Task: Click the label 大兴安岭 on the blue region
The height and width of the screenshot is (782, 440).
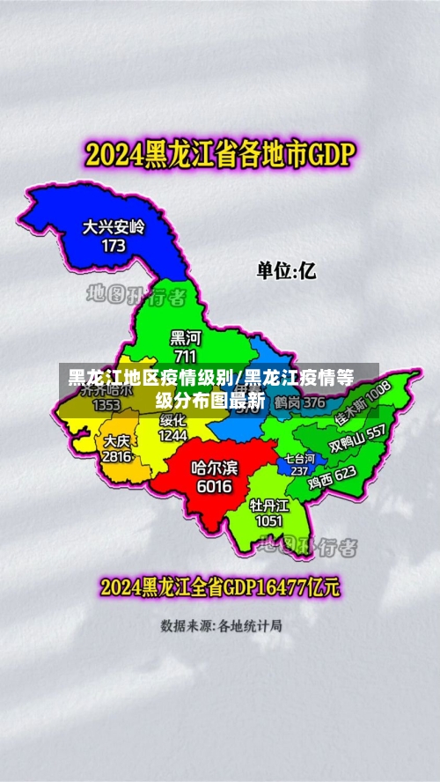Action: click(x=114, y=226)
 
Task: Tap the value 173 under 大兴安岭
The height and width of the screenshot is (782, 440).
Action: click(x=114, y=246)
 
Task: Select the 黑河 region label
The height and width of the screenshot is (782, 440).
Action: click(x=185, y=337)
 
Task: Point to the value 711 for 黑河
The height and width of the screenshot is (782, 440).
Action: click(x=185, y=357)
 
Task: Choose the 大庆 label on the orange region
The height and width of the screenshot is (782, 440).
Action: click(x=116, y=440)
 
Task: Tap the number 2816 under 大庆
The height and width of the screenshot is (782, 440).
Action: click(x=116, y=457)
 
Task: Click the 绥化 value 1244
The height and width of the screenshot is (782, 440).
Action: click(x=173, y=435)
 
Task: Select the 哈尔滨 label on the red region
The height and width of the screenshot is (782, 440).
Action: click(x=215, y=468)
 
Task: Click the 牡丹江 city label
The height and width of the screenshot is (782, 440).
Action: click(x=269, y=505)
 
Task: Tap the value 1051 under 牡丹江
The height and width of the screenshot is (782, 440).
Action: click(x=269, y=520)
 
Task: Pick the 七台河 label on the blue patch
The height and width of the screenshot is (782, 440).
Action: click(x=298, y=459)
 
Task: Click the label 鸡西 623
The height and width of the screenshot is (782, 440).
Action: click(x=332, y=476)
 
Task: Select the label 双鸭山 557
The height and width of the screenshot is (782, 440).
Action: click(x=357, y=439)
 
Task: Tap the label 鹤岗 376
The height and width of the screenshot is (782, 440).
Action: click(x=298, y=402)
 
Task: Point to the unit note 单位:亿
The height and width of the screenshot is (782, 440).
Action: click(x=286, y=270)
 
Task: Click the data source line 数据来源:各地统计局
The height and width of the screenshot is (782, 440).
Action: click(x=221, y=626)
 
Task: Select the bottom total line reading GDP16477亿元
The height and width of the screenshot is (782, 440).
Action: click(x=220, y=586)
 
